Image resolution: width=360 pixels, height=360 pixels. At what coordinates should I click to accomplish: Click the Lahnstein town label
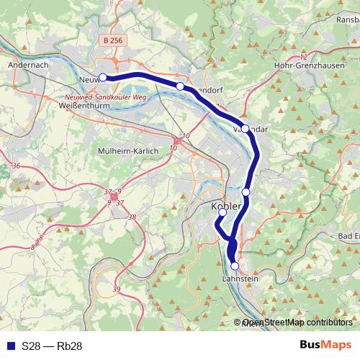coord(240,279)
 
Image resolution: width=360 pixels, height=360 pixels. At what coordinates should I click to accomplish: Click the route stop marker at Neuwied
coord(102,77)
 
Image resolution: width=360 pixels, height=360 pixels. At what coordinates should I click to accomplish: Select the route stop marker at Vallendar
coord(245,128)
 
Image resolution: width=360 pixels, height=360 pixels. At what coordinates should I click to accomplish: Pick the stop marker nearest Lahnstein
coord(235,266)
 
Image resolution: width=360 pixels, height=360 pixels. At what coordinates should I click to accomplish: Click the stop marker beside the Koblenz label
coord(222,212)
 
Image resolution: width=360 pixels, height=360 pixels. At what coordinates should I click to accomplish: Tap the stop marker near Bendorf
coord(180,86)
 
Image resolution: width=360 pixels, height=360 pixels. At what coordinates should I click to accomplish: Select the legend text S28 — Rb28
coord(52,346)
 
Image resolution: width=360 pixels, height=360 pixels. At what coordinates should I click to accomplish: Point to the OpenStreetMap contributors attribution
coord(297,323)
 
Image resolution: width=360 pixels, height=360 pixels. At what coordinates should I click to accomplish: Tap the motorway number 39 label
coord(117,289)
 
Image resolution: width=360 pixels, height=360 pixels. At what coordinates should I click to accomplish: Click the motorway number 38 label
coord(132,217)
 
